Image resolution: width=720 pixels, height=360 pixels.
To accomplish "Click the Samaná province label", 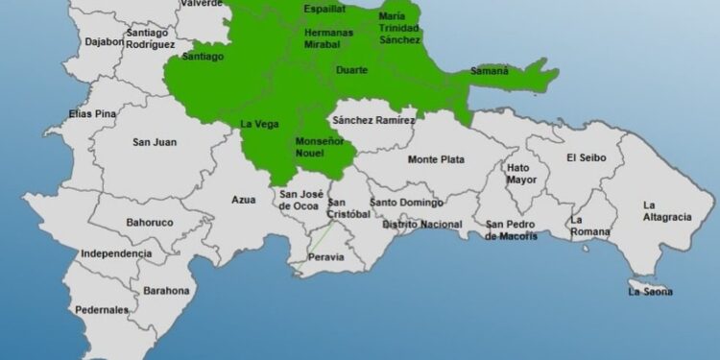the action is (x=490, y=71).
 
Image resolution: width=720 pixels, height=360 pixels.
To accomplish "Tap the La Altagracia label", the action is (x=666, y=210).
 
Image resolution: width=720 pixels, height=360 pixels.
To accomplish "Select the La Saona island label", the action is (x=651, y=291).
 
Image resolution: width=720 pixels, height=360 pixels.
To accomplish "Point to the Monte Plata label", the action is (x=437, y=159).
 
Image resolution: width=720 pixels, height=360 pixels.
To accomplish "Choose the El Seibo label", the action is (x=586, y=157).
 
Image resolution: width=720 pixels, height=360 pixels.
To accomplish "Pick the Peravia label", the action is (x=324, y=257).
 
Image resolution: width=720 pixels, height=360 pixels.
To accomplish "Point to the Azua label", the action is (x=244, y=200).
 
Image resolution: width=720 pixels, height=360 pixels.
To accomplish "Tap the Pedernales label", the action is (x=102, y=310).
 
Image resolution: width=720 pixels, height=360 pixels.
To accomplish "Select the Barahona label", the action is (x=167, y=290).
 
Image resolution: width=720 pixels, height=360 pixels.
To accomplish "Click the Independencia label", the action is (x=116, y=253).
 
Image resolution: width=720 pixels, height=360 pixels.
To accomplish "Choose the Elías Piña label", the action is (x=92, y=114).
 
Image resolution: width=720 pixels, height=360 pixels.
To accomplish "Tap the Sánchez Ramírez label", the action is (x=373, y=120).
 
